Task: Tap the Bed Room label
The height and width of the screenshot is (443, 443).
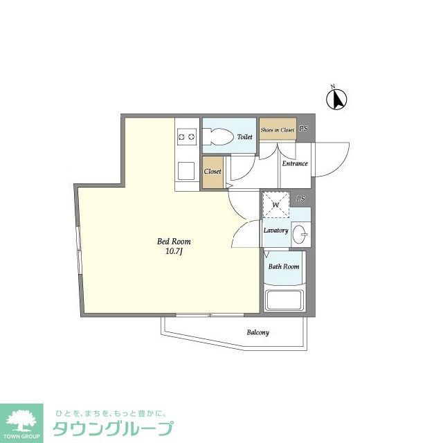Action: click(173, 242)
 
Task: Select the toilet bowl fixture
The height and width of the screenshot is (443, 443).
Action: click(221, 137)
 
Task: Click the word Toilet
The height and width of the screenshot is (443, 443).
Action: click(244, 137)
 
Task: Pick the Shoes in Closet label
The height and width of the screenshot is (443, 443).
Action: click(277, 129)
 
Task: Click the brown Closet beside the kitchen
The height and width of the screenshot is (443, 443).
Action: click(213, 171)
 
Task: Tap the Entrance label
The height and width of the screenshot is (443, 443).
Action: click(294, 164)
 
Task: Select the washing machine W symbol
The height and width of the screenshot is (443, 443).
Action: click(275, 205)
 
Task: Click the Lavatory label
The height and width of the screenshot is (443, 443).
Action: click(275, 230)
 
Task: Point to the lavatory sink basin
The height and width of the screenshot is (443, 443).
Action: click(301, 234)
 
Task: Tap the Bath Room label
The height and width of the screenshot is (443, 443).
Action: click(284, 266)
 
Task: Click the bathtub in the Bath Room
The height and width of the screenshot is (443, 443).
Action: click(284, 301)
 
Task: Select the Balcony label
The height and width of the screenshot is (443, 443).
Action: click(257, 333)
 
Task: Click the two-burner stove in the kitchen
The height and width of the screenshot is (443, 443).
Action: click(186, 137)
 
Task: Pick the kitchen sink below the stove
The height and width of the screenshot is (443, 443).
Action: click(186, 170)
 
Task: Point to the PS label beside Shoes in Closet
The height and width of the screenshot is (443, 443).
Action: click(303, 129)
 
